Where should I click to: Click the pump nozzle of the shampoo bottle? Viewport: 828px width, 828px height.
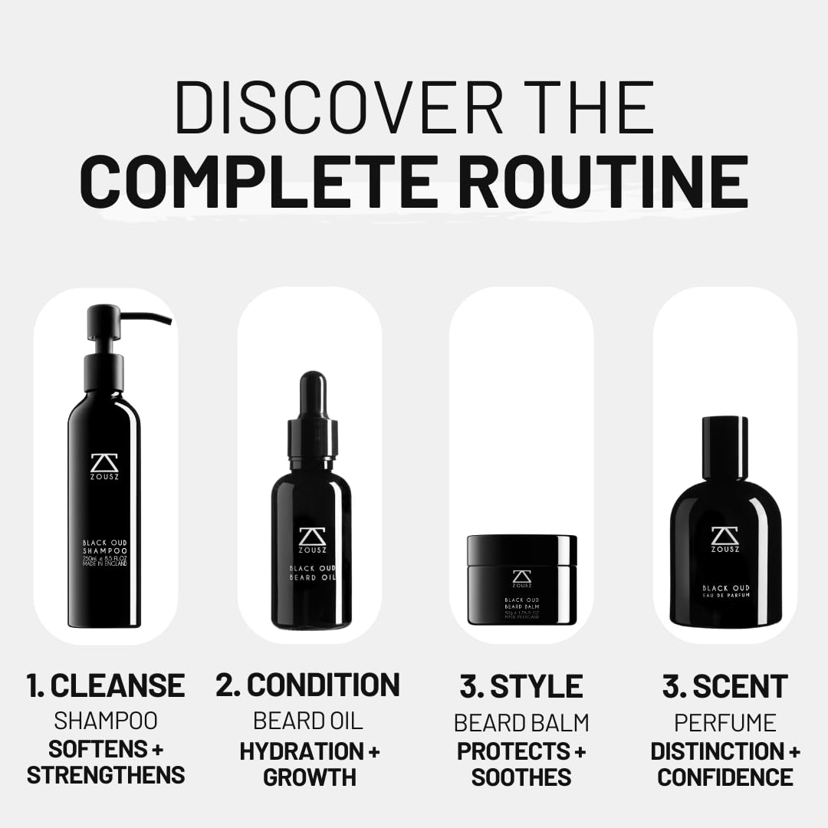click(146, 317)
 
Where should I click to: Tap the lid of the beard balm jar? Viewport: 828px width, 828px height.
click(521, 550)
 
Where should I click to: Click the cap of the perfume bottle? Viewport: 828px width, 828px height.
click(724, 446)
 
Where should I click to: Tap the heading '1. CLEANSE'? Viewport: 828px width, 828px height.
click(106, 685)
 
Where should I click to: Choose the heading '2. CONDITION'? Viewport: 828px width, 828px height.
click(308, 685)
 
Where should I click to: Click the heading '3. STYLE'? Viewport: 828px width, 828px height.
click(521, 686)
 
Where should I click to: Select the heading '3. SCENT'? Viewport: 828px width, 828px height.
click(724, 686)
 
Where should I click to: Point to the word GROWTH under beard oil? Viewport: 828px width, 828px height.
click(310, 777)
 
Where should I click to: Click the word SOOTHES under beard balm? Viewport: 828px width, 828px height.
click(521, 777)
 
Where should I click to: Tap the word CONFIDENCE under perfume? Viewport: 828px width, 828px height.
click(724, 777)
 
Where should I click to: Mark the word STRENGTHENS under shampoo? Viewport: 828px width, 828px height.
click(106, 774)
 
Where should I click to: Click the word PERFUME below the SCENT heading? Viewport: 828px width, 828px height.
click(724, 722)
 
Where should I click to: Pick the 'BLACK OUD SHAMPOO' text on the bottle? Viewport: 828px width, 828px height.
click(105, 546)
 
